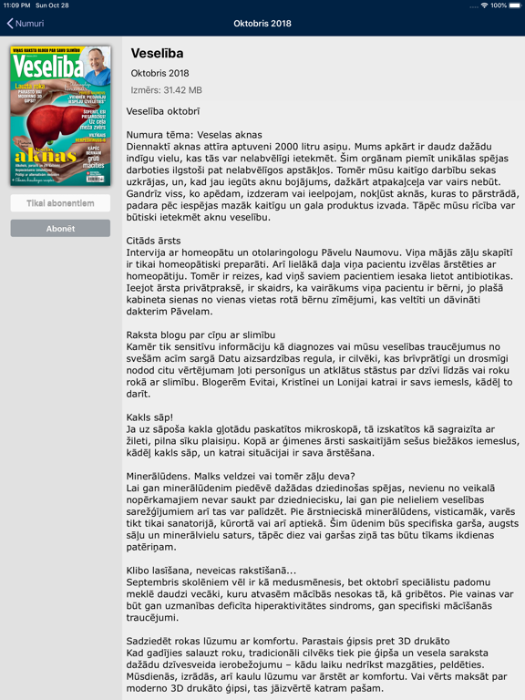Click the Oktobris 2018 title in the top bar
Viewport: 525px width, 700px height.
(262, 23)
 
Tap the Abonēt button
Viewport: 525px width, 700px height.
(60, 229)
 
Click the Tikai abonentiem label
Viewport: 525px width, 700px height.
(60, 203)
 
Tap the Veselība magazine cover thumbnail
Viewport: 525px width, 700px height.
(60, 116)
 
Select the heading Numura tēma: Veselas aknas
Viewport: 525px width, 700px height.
(194, 134)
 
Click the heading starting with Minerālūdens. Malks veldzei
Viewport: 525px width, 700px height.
(240, 475)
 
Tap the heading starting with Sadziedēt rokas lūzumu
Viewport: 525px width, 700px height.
(288, 641)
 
